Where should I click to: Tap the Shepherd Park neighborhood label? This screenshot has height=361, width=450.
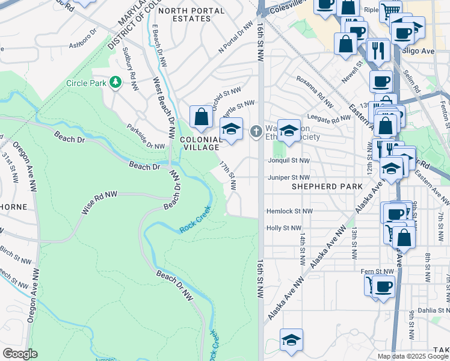[x=327, y=187]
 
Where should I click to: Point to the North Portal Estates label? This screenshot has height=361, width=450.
[x=184, y=14]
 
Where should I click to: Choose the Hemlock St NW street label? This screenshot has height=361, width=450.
[x=290, y=212]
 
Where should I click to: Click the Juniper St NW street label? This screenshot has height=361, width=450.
[x=288, y=177]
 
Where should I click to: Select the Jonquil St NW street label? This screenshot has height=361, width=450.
[x=288, y=161]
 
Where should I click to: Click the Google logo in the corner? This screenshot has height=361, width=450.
[x=20, y=353]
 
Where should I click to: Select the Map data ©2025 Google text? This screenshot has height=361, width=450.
[x=412, y=356]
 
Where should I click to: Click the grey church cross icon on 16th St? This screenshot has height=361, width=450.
[x=256, y=131]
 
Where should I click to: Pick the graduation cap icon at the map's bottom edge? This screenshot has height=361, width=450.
[x=291, y=340]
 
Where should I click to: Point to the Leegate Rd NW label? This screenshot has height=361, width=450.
[x=328, y=119]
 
